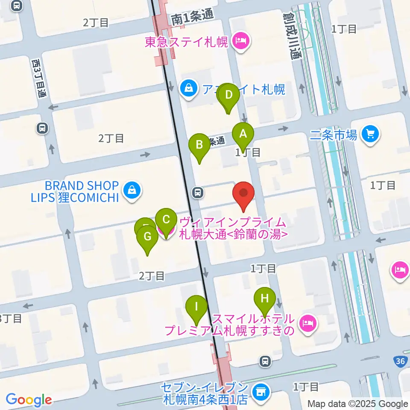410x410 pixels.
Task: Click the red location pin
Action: click(x=243, y=195)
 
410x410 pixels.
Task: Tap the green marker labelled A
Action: click(x=243, y=135)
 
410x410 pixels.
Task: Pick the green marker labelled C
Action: click(x=166, y=220)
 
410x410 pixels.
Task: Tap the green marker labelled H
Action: click(x=265, y=298)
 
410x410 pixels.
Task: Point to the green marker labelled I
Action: click(x=196, y=307)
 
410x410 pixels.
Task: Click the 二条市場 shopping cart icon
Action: click(x=370, y=135)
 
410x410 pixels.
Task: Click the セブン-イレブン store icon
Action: click(x=259, y=391)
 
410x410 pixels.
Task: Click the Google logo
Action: click(x=29, y=400)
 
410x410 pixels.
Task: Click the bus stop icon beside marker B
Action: click(x=197, y=193)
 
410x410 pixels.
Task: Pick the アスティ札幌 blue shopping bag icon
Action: click(x=187, y=89)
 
